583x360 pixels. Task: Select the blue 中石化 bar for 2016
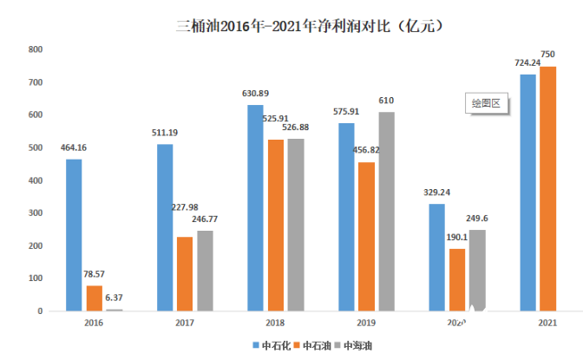[74, 234]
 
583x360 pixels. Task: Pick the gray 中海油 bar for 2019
[387, 211]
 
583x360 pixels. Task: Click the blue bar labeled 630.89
[255, 207]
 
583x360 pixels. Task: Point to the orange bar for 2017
[185, 273]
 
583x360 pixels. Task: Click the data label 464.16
[74, 148]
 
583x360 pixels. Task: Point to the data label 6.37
[115, 298]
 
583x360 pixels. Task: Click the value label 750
[547, 54]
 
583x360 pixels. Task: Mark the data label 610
[387, 101]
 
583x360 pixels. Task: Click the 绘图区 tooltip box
[487, 103]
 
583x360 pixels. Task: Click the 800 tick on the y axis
[36, 49]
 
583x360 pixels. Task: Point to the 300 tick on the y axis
[36, 213]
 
